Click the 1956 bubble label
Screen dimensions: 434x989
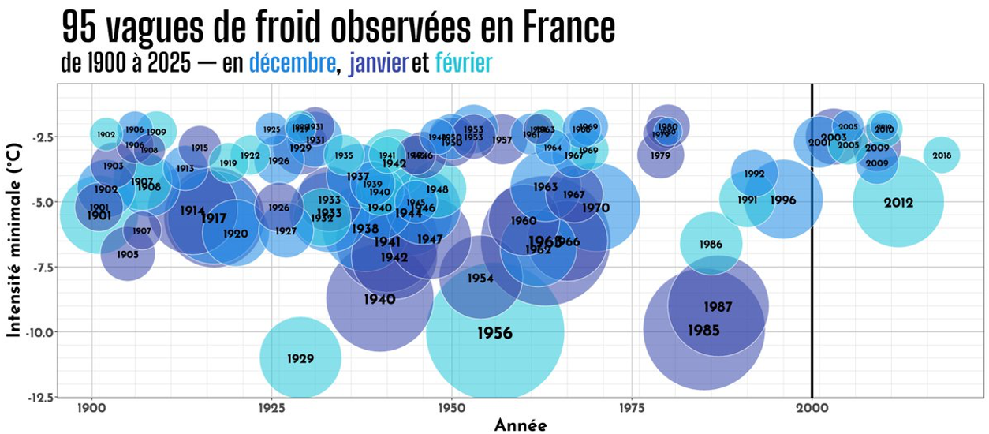pyautogui.click(x=494, y=334)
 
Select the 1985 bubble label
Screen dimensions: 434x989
pyautogui.click(x=703, y=331)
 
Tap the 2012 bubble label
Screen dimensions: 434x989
pyautogui.click(x=898, y=203)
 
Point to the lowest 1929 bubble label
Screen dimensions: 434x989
pyautogui.click(x=300, y=359)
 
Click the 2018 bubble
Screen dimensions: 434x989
pyautogui.click(x=942, y=155)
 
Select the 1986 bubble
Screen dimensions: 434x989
pyautogui.click(x=711, y=245)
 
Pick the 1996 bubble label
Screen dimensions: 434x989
pyautogui.click(x=783, y=200)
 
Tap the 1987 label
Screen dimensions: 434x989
pyautogui.click(x=718, y=307)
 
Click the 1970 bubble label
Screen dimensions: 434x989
pyautogui.click(x=596, y=208)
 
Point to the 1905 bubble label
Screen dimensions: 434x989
pyautogui.click(x=128, y=255)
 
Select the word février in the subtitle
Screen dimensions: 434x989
pyautogui.click(x=464, y=63)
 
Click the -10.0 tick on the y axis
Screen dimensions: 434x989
pyautogui.click(x=42, y=332)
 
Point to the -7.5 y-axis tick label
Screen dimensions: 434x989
pyautogui.click(x=43, y=268)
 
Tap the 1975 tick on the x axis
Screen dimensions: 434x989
pyautogui.click(x=632, y=410)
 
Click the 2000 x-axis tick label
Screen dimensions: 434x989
pyautogui.click(x=812, y=410)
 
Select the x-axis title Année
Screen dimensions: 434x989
pyautogui.click(x=521, y=425)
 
